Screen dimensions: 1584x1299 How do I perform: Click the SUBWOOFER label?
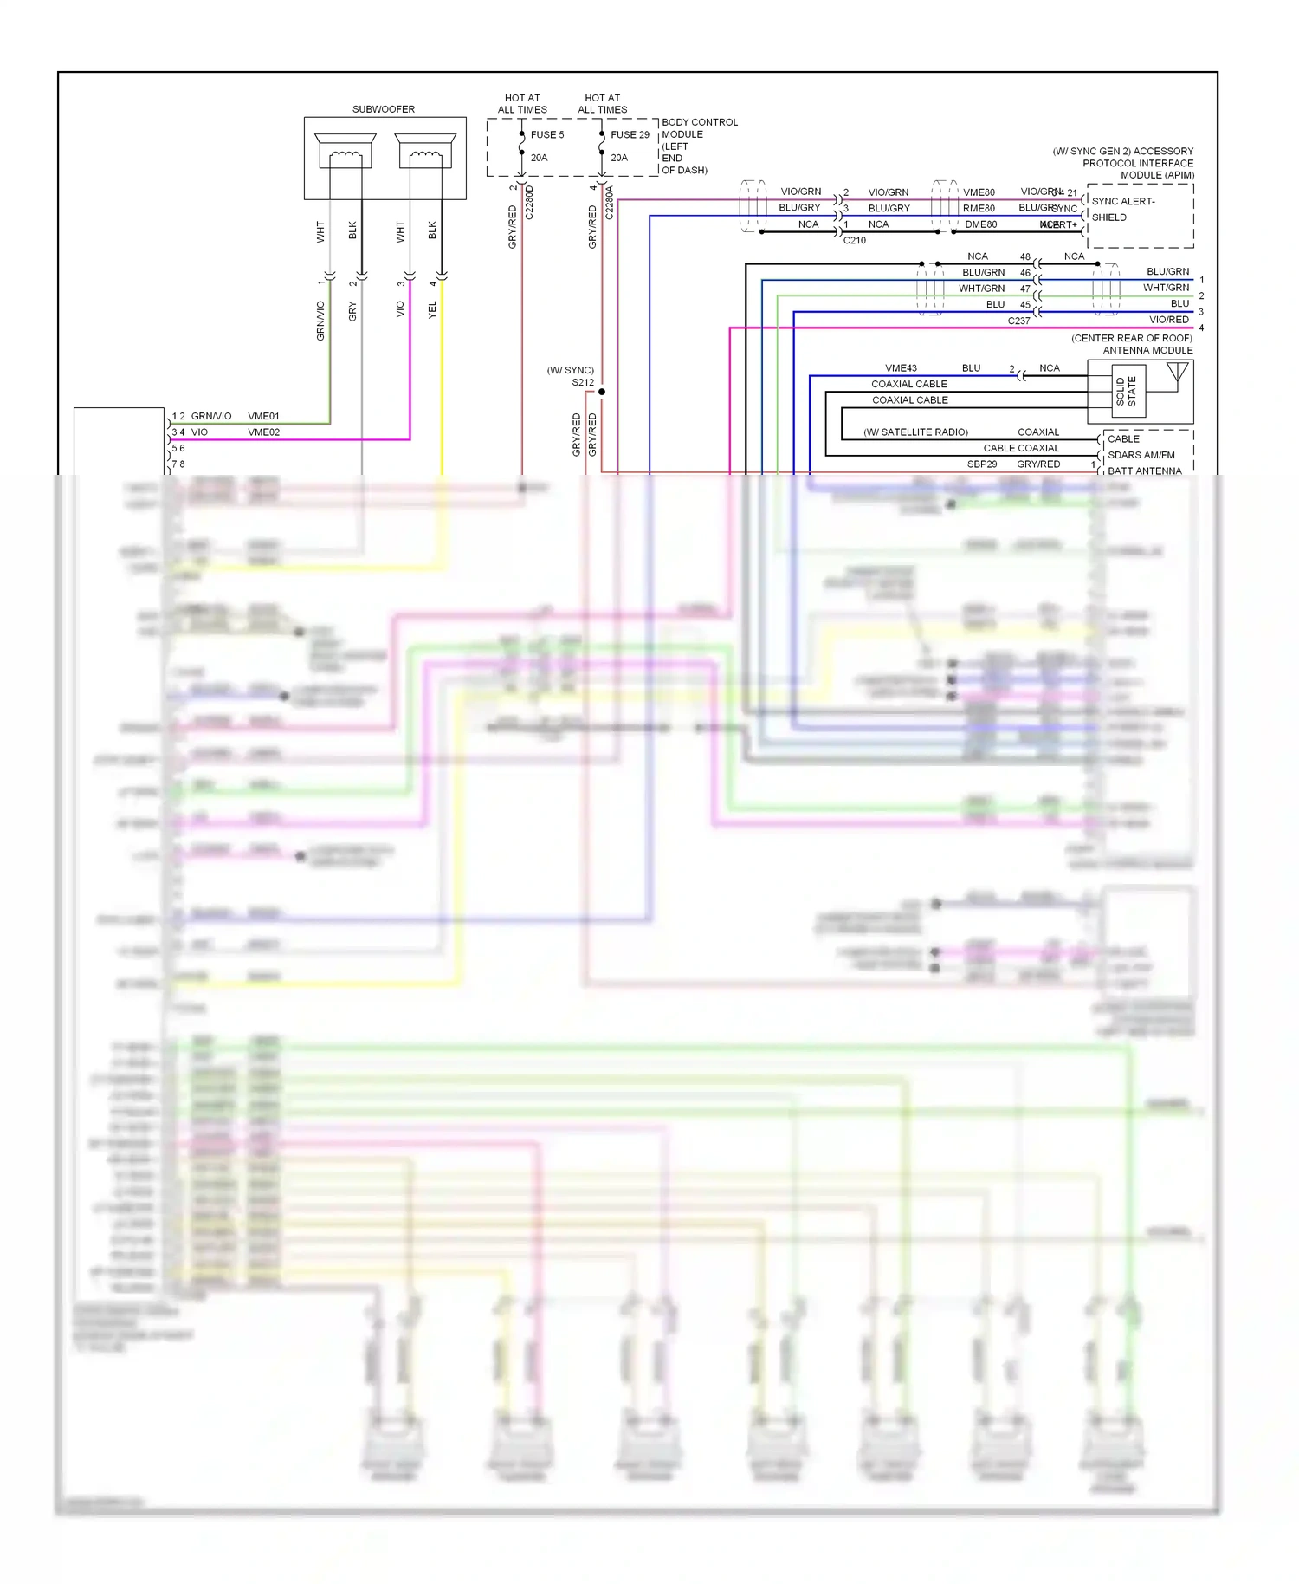(x=383, y=109)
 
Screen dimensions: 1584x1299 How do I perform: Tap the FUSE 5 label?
(x=546, y=134)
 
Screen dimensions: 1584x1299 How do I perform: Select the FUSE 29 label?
(x=629, y=134)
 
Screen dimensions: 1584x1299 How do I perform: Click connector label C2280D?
(x=529, y=203)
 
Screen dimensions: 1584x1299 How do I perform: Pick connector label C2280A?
(x=609, y=203)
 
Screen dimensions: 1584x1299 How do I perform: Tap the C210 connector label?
(x=854, y=240)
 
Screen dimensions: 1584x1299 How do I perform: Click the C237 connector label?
(x=1018, y=321)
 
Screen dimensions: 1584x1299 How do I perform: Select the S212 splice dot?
(x=602, y=392)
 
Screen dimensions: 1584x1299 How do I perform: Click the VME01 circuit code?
(x=263, y=416)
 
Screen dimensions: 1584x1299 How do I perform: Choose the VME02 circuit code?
(x=263, y=432)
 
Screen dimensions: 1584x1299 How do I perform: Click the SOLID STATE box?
(x=1127, y=391)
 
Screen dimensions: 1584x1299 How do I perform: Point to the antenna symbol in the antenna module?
(x=1177, y=373)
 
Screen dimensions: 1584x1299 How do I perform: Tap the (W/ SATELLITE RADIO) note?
(x=915, y=432)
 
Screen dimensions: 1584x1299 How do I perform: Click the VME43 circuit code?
(x=901, y=367)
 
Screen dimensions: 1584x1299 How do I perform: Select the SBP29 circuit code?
(x=981, y=464)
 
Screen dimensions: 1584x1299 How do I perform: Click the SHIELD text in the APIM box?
(x=1108, y=217)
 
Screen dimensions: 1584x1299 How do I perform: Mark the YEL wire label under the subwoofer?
(x=432, y=309)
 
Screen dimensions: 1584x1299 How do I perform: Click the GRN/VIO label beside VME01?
(x=210, y=416)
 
